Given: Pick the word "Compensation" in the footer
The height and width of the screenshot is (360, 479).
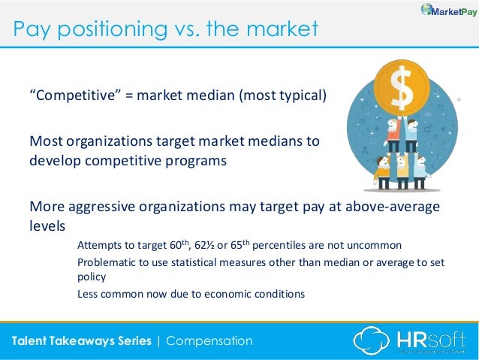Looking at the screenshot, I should [209, 340].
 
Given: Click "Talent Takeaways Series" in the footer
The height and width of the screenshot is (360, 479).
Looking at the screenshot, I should [81, 340].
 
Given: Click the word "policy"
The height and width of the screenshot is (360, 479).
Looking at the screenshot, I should [91, 277].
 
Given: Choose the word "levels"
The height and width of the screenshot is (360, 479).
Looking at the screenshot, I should [47, 225].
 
